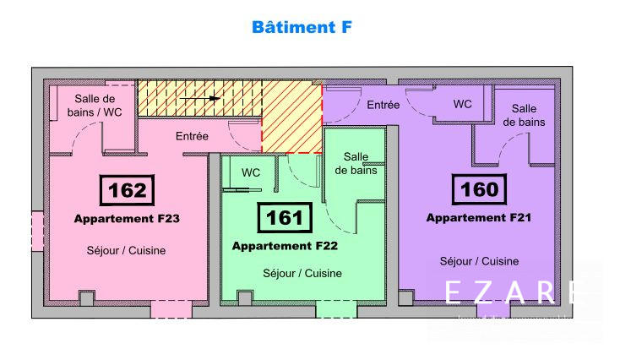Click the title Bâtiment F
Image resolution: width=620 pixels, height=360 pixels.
tap(302, 27)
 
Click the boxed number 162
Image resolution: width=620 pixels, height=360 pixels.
tap(128, 190)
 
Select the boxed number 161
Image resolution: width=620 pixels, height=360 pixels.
tap(284, 217)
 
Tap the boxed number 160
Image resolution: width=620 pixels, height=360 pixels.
tap(480, 189)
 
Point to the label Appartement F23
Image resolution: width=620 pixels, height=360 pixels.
tap(127, 218)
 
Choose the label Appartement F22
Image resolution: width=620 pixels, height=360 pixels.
tap(284, 246)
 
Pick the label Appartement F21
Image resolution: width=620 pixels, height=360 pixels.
tap(478, 217)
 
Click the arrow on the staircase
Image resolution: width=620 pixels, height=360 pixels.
tap(203, 99)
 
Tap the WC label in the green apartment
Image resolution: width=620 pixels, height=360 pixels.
tap(251, 172)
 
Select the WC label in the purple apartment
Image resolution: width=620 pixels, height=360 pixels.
tap(462, 104)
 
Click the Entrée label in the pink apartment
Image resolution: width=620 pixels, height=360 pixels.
tap(192, 135)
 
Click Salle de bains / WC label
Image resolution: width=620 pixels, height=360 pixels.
tap(94, 106)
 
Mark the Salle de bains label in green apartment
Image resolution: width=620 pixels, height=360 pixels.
tap(356, 163)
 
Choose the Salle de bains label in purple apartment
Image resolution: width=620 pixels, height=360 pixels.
tap(524, 115)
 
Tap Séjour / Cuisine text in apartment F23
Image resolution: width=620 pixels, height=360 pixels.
tap(126, 250)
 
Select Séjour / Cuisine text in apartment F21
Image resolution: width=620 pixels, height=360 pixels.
tap(479, 261)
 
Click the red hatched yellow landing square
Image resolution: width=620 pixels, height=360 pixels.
tap(292, 118)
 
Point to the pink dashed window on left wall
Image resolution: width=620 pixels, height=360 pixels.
tap(36, 231)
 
